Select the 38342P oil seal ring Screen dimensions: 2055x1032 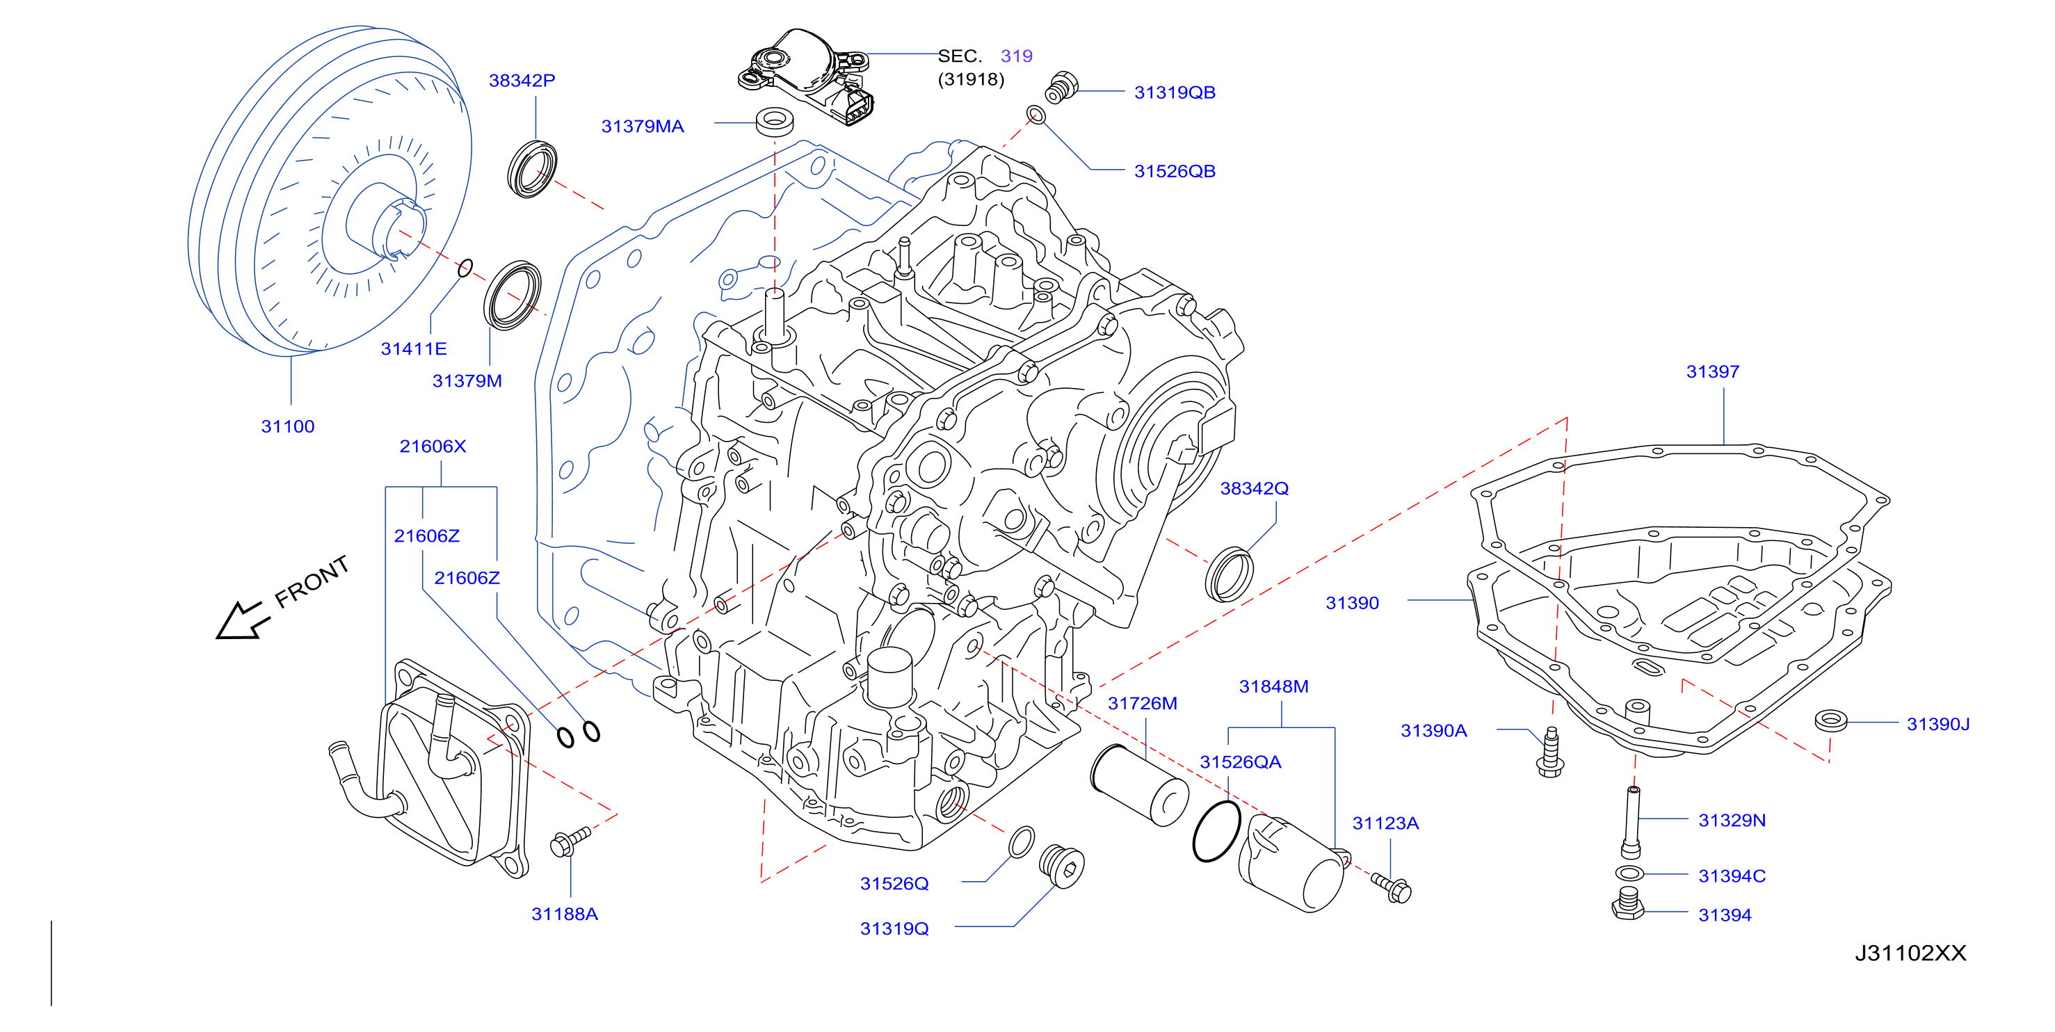click(x=532, y=168)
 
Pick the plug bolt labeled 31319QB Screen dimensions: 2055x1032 click(x=1061, y=88)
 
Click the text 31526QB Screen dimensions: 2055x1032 click(x=1175, y=170)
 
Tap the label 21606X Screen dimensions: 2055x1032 click(x=433, y=446)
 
